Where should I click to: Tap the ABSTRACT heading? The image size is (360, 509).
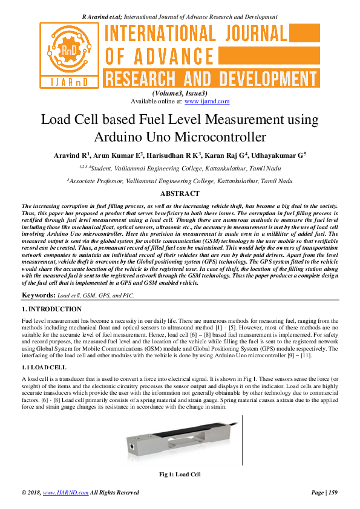point(180,193)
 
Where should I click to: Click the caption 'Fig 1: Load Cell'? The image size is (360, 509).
point(180,475)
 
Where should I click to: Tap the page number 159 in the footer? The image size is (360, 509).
point(332,493)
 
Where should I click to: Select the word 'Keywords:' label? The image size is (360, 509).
point(38,295)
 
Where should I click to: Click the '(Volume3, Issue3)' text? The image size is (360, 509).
point(180,94)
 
